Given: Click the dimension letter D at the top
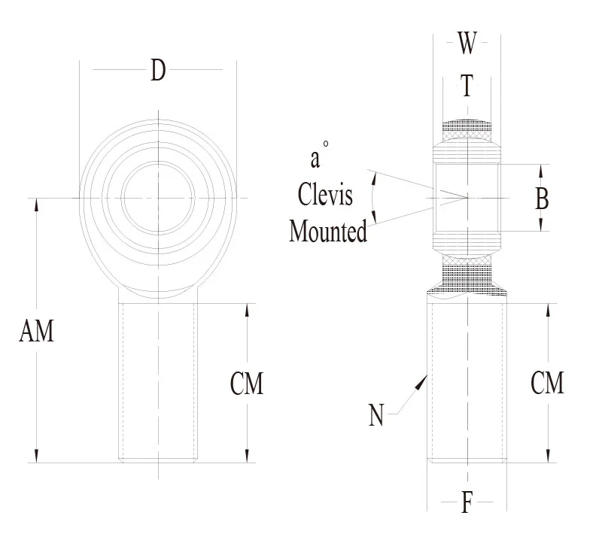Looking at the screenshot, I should pos(157,71).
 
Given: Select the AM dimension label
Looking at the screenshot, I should pos(36,330).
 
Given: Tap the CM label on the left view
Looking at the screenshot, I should pos(247,384).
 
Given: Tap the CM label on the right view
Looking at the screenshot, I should pos(547,384).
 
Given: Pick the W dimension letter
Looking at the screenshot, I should pos(467,44).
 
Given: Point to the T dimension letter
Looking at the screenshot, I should pos(467,87).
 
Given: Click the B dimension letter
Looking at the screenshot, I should pos(541,199).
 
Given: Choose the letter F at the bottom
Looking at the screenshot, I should pos(467,503).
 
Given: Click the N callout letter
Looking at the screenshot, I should pos(376,415).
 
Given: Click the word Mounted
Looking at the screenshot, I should pos(328,231).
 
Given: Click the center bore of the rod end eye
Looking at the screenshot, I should pos(158,197).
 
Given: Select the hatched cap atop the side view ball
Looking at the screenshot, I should pos(467,129).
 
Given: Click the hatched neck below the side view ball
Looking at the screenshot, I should pos(467,275).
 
